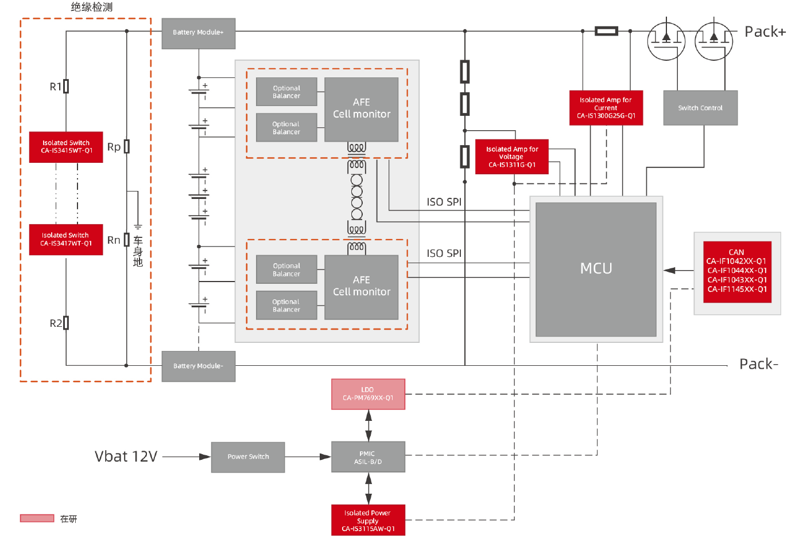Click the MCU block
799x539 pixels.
click(596, 269)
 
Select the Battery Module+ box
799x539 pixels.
click(198, 33)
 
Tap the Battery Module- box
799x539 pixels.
click(198, 366)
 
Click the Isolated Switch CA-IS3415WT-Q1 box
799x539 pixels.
click(66, 147)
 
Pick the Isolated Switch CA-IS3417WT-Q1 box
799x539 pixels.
click(66, 240)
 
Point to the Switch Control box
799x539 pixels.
click(700, 108)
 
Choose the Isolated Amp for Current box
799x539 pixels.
click(606, 108)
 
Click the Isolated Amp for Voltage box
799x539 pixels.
click(511, 157)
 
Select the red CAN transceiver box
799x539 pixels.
click(737, 271)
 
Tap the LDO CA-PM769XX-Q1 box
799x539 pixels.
click(368, 394)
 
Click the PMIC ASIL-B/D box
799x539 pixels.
click(368, 457)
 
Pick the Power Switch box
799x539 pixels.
click(248, 457)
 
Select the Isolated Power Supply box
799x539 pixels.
click(368, 520)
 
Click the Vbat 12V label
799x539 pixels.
click(126, 456)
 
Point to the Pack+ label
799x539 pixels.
click(765, 32)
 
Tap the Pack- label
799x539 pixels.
click(758, 364)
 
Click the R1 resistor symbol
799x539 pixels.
click(66, 87)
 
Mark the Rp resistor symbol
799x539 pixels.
click(127, 147)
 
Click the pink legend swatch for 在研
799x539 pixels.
click(37, 518)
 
